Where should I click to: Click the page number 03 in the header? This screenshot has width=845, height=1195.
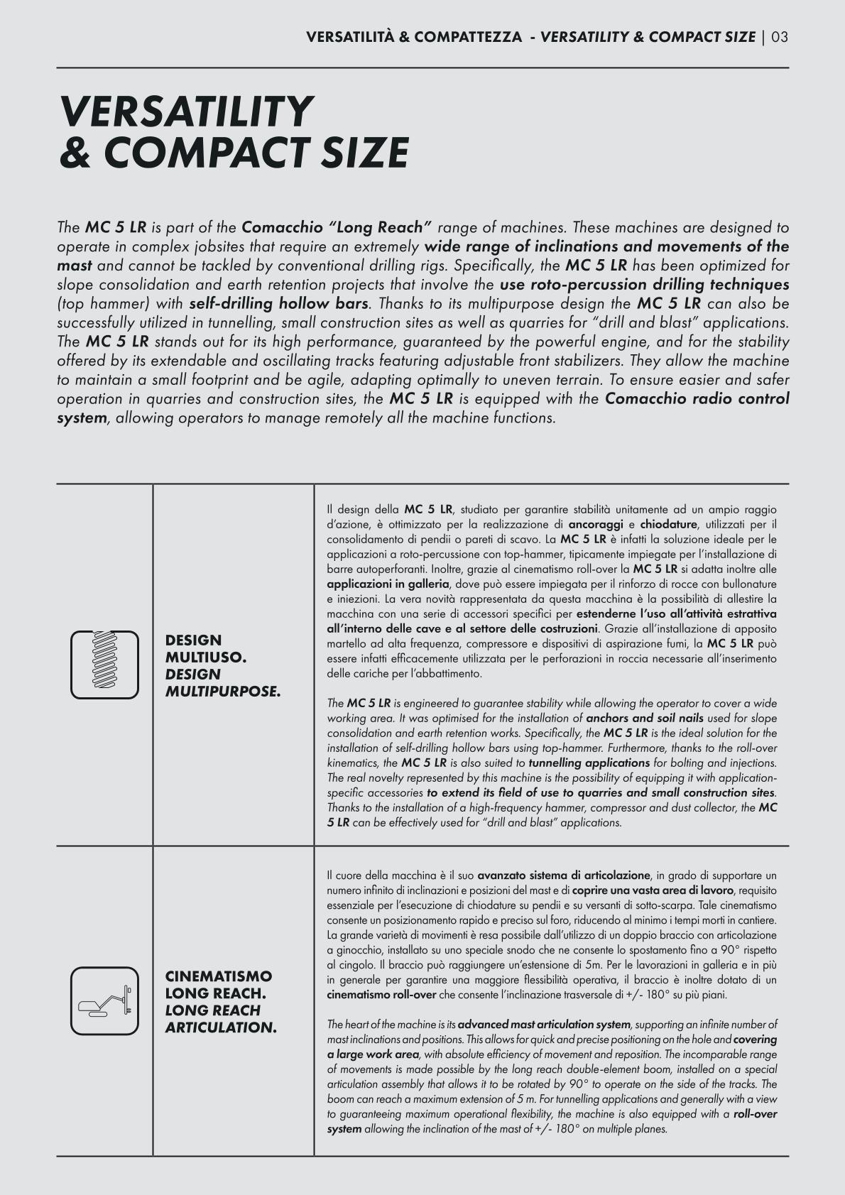pos(779,37)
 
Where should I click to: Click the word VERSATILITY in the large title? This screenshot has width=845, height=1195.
pos(186,111)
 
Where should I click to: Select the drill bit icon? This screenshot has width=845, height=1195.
pos(104,665)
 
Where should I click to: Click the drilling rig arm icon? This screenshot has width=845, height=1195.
pos(104,1000)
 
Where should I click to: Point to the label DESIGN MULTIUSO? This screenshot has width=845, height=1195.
pos(206,648)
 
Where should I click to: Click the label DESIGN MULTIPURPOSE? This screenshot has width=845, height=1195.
pos(222,682)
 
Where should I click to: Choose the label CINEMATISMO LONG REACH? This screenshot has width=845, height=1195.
pos(218,984)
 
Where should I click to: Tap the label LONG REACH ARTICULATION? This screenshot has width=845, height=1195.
pos(220,1018)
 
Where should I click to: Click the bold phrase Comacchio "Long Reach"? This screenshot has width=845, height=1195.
pos(337,228)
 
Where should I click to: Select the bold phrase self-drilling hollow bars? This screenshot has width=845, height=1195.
pos(278,304)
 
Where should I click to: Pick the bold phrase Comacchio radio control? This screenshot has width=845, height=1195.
pos(697,399)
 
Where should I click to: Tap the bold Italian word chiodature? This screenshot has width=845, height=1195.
pos(669,525)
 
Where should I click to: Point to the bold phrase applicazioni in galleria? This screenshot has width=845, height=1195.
pos(388,584)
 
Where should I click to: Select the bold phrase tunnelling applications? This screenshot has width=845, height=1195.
pos(589,763)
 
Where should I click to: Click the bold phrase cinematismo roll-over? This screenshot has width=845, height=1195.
pos(381,995)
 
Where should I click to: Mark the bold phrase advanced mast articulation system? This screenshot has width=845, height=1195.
pos(544,1025)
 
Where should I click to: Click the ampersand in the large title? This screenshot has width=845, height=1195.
pos(76,152)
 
